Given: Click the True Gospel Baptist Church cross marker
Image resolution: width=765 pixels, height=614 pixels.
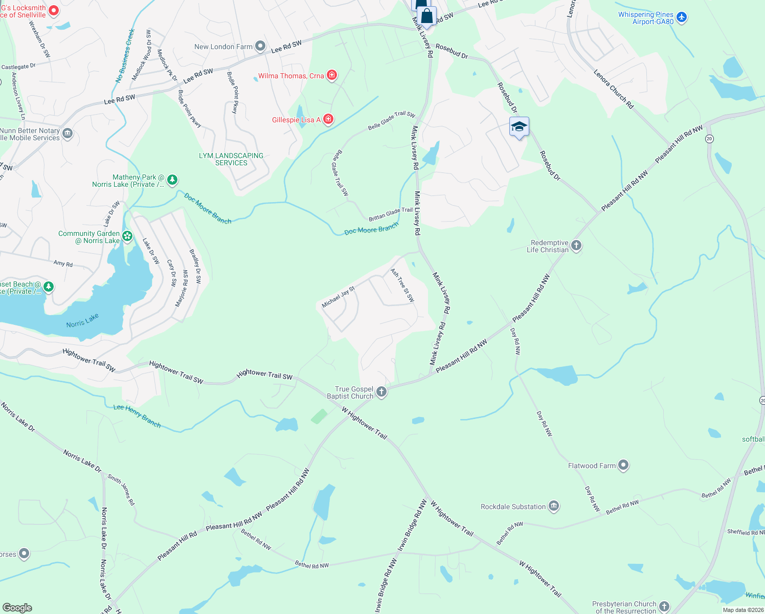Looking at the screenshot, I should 381,392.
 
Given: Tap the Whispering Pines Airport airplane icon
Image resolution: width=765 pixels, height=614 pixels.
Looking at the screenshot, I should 681,18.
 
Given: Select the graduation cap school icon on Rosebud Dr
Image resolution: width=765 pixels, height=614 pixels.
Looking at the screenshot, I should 519,127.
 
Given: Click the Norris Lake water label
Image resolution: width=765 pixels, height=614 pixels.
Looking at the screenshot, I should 82,321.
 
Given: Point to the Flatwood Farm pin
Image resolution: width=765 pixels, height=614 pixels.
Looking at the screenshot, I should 623,466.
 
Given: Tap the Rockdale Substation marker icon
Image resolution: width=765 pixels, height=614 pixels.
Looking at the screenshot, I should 553,507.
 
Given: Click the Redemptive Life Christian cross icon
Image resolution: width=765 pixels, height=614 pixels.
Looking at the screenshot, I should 576,246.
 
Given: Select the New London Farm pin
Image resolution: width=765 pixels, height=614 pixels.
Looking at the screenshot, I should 260,47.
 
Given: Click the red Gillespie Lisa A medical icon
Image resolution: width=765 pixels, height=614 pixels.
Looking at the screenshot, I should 328,120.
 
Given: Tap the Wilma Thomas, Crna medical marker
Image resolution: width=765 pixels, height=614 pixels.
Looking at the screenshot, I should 332,76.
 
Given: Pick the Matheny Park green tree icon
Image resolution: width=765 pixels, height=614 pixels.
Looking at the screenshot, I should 172,180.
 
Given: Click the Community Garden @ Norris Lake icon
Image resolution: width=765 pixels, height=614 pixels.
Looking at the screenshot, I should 127,236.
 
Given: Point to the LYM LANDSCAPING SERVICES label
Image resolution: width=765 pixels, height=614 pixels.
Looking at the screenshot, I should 231,159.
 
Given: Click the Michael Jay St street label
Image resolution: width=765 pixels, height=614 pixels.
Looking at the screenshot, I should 338,297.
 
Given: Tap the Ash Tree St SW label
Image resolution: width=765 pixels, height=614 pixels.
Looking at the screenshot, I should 402,286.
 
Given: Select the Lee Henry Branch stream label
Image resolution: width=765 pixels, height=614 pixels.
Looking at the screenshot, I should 137,415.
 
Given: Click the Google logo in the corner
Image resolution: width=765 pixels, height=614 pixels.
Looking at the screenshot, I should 17,607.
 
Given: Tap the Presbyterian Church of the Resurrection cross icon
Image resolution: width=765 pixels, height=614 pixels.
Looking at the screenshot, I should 664,607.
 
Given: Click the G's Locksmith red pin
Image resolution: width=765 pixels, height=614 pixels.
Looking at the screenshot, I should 53,11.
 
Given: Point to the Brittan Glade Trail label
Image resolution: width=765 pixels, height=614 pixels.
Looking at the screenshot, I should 391,214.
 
